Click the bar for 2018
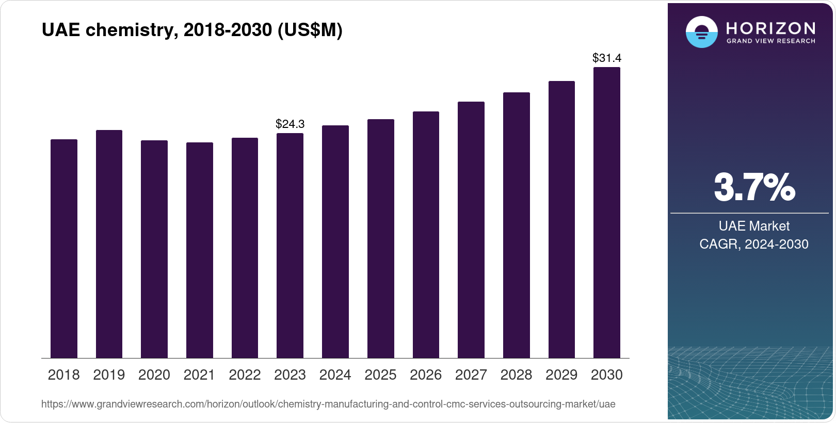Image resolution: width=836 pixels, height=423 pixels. [64, 249]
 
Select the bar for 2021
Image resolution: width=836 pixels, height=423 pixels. [200, 250]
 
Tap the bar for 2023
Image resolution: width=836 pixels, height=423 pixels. [290, 246]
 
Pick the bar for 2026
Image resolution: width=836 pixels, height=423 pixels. [426, 235]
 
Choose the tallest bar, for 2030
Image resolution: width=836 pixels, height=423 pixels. [607, 213]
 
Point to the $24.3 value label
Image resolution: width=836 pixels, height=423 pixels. [290, 124]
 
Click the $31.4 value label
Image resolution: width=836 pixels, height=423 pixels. [607, 58]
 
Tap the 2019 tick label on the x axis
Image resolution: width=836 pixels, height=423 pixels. [109, 375]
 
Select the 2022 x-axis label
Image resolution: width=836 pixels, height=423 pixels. [245, 375]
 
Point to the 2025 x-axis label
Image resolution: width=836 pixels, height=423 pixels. [380, 375]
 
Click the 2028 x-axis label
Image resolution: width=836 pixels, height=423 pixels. [516, 375]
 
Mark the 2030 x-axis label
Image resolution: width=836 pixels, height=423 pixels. [607, 375]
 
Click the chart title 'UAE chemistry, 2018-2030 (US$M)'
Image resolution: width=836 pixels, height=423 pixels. [192, 30]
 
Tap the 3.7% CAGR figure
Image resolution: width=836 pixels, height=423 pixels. [754, 188]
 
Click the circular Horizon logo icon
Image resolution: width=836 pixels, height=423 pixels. [701, 32]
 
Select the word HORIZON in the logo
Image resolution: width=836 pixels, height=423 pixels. [771, 28]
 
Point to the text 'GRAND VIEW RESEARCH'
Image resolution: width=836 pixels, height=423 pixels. [771, 41]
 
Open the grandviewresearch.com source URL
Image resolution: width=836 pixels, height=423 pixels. [328, 404]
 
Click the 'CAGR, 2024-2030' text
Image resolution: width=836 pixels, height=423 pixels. [754, 244]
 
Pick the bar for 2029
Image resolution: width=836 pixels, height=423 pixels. [561, 220]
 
